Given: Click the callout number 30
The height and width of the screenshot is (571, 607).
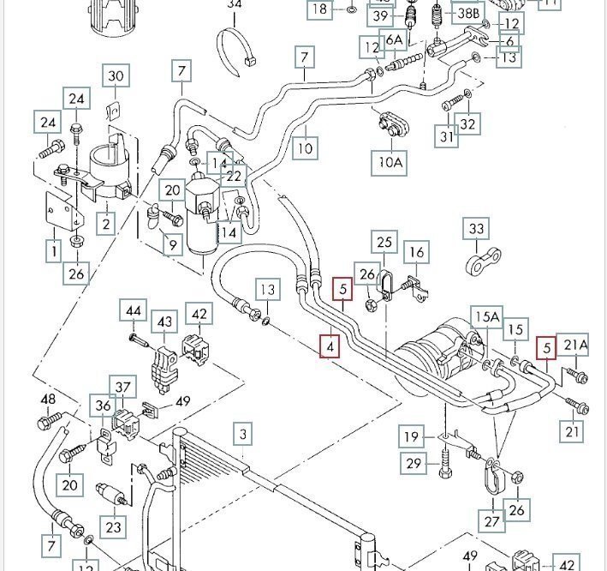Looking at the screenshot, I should (116, 76).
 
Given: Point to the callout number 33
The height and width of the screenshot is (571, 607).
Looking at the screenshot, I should (475, 229).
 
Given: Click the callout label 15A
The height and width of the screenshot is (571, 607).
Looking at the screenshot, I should (485, 318).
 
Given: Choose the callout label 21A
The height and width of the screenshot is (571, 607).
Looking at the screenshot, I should (575, 346).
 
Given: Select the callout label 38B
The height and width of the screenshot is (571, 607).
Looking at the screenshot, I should (467, 12).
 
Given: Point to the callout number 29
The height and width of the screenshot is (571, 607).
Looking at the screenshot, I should (414, 464).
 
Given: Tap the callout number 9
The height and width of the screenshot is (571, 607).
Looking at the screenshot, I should (172, 246).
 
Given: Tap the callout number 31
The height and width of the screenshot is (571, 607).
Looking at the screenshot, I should (446, 135).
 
